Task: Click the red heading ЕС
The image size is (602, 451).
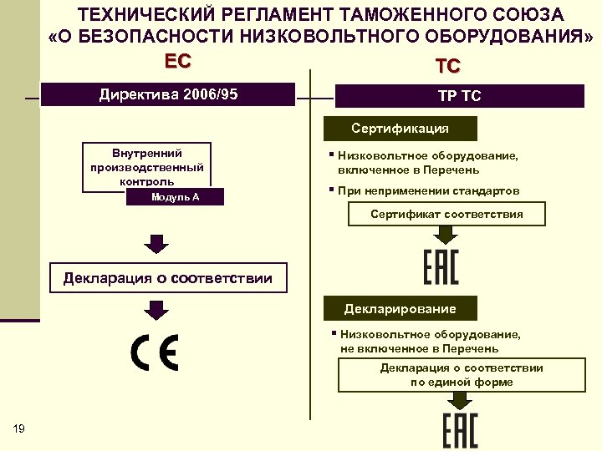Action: coord(178,61)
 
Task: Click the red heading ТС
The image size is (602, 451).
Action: coord(447,66)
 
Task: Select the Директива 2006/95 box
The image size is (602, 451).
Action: coord(168,94)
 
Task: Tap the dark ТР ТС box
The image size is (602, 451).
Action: coord(459,96)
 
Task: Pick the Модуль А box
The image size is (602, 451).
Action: coord(175,197)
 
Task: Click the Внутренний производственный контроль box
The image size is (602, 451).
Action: coord(147,166)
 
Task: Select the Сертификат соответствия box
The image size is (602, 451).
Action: coord(446,215)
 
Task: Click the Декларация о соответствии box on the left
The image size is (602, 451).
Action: coord(168,278)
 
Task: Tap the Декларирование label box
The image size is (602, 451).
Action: coord(400,309)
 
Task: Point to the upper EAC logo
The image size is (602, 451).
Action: coord(441,265)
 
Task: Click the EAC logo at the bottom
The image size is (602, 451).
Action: coord(459,429)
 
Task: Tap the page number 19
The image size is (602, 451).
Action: coord(19,428)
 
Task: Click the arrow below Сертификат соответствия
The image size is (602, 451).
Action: coord(441,234)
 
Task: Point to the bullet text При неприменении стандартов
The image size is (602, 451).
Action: coord(428,191)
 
